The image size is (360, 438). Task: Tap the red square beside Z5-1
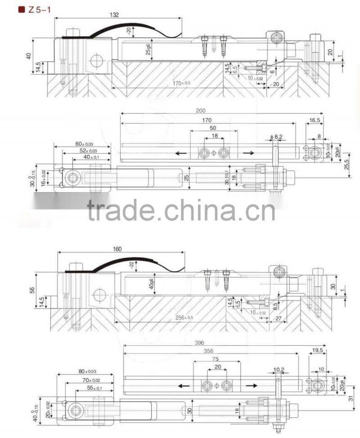point(21,9)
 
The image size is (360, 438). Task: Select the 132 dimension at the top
point(114,15)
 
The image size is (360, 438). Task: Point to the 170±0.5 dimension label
point(181,83)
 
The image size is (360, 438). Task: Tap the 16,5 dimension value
point(315,121)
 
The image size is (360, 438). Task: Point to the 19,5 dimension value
point(318,350)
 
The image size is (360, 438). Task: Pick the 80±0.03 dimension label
point(87,372)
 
